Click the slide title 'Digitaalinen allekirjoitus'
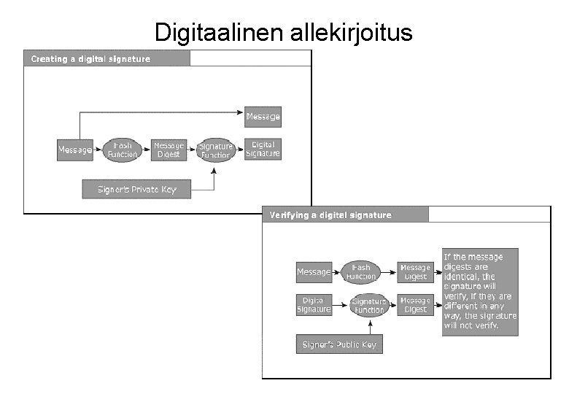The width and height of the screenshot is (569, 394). click(283, 33)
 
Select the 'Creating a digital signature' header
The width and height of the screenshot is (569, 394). click(90, 58)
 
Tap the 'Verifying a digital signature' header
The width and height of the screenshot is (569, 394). click(330, 215)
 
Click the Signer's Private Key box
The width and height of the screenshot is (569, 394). click(136, 189)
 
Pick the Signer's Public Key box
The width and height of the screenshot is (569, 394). click(339, 344)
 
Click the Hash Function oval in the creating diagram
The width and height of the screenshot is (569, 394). click(122, 150)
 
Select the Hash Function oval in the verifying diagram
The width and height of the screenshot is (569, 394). click(361, 272)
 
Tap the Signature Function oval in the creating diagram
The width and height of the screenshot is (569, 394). click(215, 150)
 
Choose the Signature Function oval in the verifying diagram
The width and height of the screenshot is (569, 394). click(368, 305)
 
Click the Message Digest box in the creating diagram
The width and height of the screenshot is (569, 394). click(169, 150)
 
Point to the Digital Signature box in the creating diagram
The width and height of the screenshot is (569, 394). click(263, 149)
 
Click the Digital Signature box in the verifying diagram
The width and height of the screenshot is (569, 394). click(314, 304)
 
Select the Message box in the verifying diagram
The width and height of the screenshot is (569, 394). click(314, 272)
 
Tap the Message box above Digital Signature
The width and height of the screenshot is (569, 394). click(263, 117)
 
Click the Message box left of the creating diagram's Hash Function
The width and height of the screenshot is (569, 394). click(75, 150)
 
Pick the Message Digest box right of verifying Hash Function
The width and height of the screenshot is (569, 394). click(415, 272)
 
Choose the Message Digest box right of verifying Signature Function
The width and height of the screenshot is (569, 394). click(415, 305)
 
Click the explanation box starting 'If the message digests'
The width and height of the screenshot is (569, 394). click(480, 291)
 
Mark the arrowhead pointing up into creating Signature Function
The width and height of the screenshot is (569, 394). click(214, 169)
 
